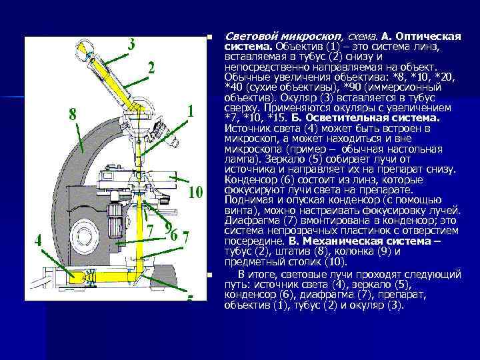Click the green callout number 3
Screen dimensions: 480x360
[131, 45]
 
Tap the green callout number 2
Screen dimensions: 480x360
[151, 68]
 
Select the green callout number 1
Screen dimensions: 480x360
[191, 111]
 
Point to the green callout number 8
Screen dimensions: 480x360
[73, 115]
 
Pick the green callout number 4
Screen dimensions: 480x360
[38, 241]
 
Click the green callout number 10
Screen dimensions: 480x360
[195, 193]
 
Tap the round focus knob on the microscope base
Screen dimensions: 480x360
[84, 236]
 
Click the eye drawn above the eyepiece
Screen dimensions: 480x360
[82, 51]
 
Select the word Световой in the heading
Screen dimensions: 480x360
[251, 37]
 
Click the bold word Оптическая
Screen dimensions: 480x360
[428, 37]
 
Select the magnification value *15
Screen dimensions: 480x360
[275, 118]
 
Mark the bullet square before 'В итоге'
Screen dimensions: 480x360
[210, 275]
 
